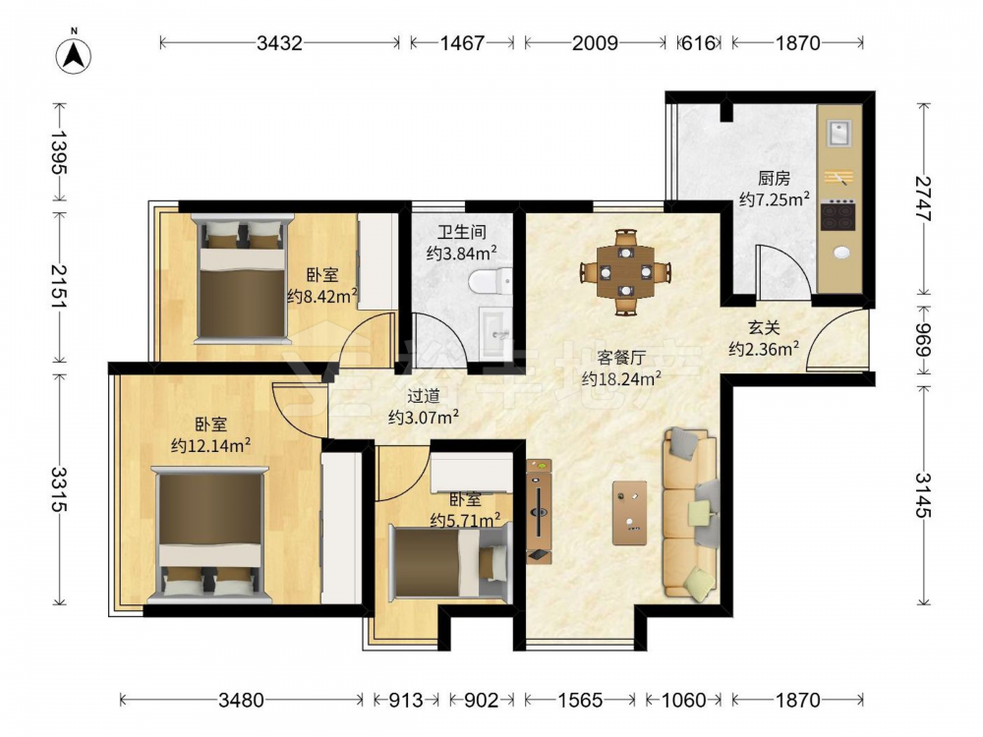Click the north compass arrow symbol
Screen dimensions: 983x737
[x=74, y=55]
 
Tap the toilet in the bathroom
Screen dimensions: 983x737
[x=490, y=281]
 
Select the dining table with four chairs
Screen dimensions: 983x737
[x=625, y=272]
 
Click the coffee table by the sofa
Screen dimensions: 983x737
[x=629, y=513]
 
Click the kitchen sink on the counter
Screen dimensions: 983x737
[x=838, y=133]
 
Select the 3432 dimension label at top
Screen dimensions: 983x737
[x=279, y=43]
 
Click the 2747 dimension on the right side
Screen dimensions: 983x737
[x=922, y=198]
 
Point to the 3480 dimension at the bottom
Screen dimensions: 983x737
[x=241, y=700]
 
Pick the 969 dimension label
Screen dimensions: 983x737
[x=922, y=339]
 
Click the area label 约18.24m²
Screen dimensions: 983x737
[x=621, y=378]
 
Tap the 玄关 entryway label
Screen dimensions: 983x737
[x=764, y=328]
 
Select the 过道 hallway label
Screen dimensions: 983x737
[x=423, y=396]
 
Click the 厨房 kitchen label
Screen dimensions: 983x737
[x=774, y=179]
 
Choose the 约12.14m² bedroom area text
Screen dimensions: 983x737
[x=210, y=445]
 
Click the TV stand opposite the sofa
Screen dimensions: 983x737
[x=539, y=511]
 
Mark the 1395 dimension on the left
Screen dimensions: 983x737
[x=59, y=152]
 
